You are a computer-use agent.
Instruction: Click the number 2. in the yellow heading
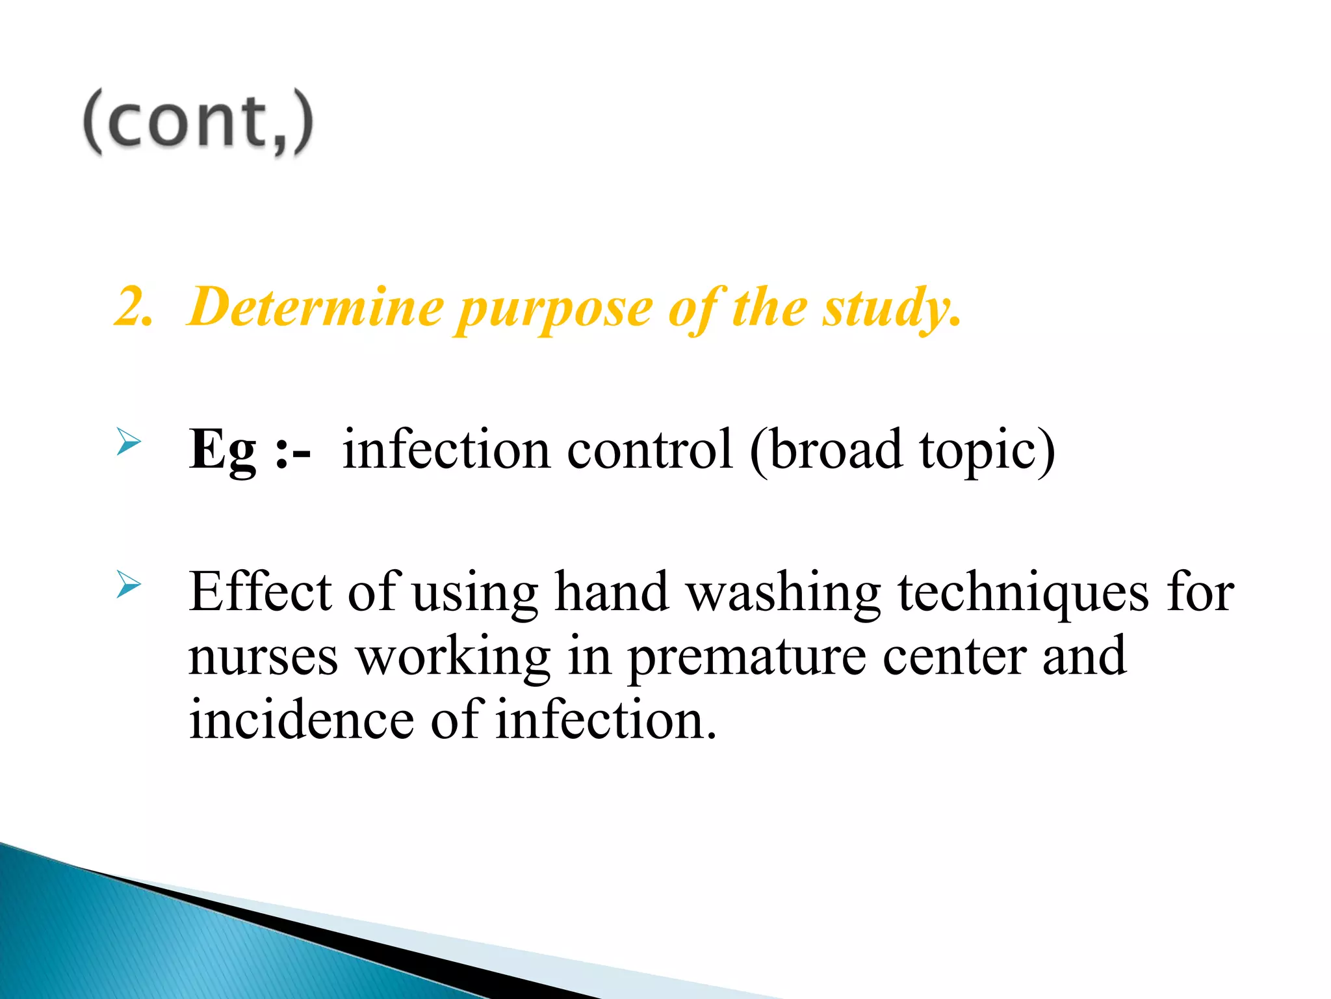[x=133, y=306]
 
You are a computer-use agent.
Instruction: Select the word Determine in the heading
[x=317, y=306]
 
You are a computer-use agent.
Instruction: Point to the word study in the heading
[x=887, y=309]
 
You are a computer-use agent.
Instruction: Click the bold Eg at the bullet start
[x=223, y=450]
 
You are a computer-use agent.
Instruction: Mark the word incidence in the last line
[x=301, y=719]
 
